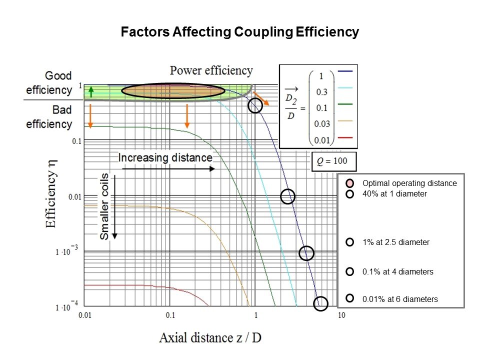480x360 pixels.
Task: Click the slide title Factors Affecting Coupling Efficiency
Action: [240, 32]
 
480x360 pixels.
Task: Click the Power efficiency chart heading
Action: [211, 70]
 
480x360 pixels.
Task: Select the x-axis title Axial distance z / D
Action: [210, 337]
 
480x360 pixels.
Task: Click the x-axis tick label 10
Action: [341, 315]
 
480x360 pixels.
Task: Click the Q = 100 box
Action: [334, 161]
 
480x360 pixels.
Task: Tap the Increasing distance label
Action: [165, 158]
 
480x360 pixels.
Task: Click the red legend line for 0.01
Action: [346, 136]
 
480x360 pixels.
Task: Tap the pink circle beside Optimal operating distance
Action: [350, 183]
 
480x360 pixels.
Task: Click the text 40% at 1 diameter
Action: [394, 193]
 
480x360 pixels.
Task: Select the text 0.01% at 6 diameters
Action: [400, 299]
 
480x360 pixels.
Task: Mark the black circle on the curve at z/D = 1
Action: [255, 105]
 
